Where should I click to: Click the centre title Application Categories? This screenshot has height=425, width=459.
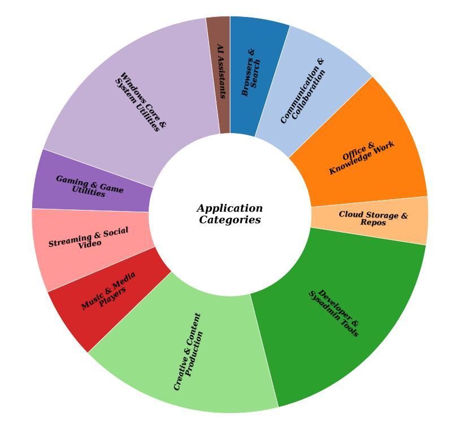click(230, 214)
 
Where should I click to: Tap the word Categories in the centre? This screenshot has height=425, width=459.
click(230, 220)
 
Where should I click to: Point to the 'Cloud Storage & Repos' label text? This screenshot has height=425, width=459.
click(373, 218)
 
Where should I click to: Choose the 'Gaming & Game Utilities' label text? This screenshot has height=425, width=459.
click(89, 186)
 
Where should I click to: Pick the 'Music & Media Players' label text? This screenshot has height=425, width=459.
click(110, 291)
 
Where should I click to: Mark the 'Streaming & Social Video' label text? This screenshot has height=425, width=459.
click(89, 238)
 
